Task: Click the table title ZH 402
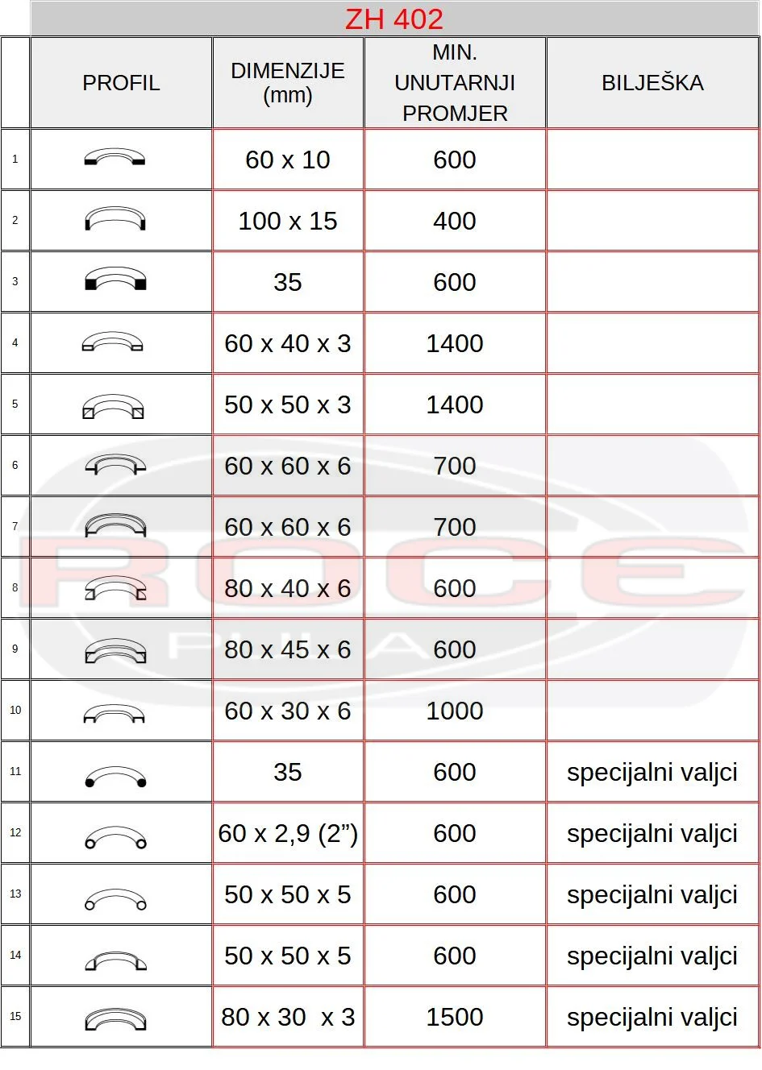pyautogui.click(x=393, y=19)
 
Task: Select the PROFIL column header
pyautogui.click(x=121, y=83)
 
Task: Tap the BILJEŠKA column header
pyautogui.click(x=652, y=83)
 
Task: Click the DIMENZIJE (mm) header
pyautogui.click(x=288, y=83)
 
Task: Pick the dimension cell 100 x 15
pyautogui.click(x=288, y=221)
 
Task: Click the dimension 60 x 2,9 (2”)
pyautogui.click(x=288, y=833)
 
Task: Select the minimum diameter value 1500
pyautogui.click(x=455, y=1017)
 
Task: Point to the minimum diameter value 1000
pyautogui.click(x=455, y=711)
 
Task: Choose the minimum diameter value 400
pyautogui.click(x=455, y=221)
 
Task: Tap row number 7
pyautogui.click(x=15, y=526)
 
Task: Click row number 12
pyautogui.click(x=15, y=832)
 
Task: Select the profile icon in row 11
pyautogui.click(x=115, y=776)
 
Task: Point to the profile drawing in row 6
pyautogui.click(x=115, y=466)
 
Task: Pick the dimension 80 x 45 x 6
pyautogui.click(x=288, y=649)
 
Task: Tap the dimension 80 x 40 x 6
pyautogui.click(x=288, y=588)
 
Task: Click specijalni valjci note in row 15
pyautogui.click(x=652, y=1017)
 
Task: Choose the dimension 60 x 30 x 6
pyautogui.click(x=288, y=711)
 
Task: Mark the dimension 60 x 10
pyautogui.click(x=288, y=160)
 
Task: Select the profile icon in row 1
pyautogui.click(x=115, y=157)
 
